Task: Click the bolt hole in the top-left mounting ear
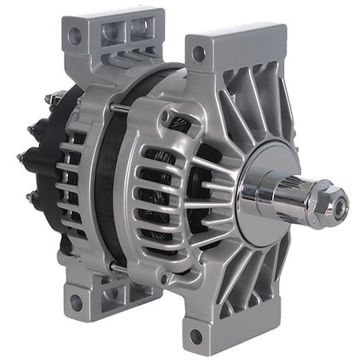(x=74, y=36)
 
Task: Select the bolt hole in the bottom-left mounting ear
(x=75, y=301)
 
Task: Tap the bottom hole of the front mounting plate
(x=196, y=335)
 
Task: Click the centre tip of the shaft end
(x=340, y=202)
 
